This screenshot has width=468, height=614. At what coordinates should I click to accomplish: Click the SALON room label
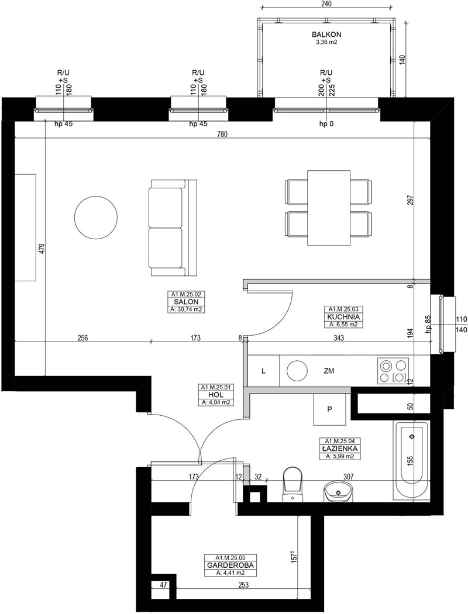tap(187, 302)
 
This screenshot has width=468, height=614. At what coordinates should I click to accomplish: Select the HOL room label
tap(216, 395)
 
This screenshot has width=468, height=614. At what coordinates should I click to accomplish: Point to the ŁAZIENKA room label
tap(339, 449)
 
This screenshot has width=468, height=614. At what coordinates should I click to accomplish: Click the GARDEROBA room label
tap(230, 565)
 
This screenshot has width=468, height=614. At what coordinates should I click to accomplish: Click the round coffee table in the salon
tap(96, 216)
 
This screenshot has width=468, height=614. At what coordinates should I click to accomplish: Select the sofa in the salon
tap(174, 227)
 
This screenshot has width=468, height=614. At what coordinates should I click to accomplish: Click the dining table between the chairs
tap(329, 208)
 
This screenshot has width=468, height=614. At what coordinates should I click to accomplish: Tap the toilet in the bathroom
tap(293, 484)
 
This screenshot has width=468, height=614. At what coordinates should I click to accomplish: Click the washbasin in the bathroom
tap(338, 491)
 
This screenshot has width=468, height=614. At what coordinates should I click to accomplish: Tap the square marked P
tap(330, 409)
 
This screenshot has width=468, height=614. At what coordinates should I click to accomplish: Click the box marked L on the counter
tap(264, 371)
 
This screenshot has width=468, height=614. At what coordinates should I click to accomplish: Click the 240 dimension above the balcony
tap(326, 4)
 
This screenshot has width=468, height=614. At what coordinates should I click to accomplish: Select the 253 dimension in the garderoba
tap(243, 585)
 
